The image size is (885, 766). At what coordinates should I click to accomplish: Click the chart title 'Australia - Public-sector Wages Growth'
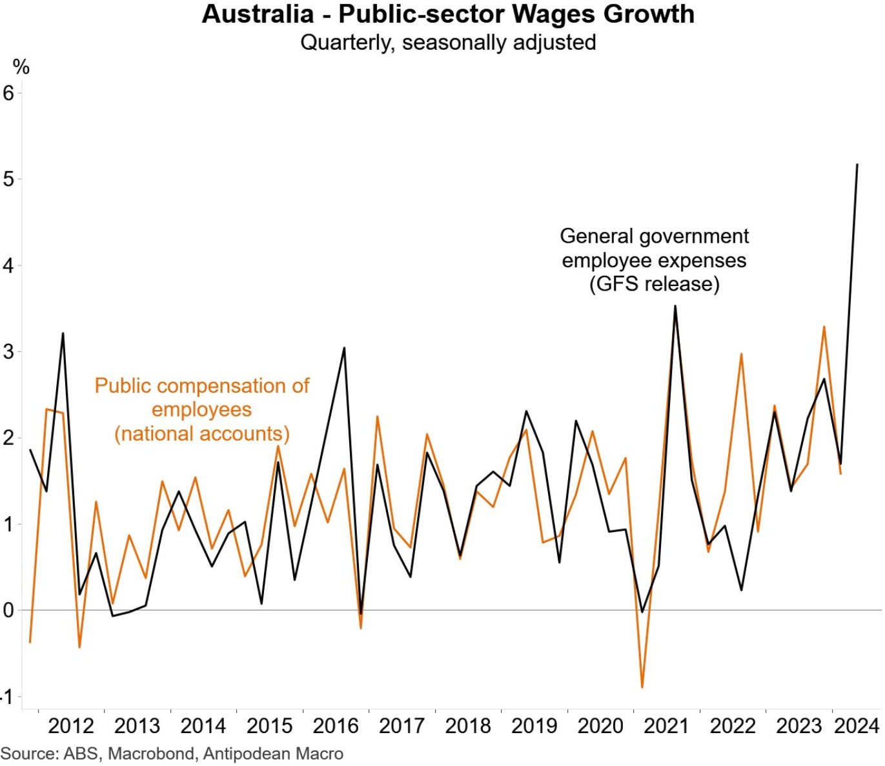click(x=448, y=14)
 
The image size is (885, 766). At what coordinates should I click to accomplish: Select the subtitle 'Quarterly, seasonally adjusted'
click(x=448, y=43)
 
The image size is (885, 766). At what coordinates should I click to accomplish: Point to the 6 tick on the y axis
click(x=8, y=93)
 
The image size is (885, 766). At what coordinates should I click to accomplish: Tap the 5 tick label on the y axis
click(x=8, y=179)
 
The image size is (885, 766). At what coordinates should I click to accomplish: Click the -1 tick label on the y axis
click(x=7, y=697)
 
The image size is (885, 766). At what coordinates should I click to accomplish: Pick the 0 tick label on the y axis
click(x=8, y=610)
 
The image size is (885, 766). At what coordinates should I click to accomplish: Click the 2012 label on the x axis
click(x=71, y=726)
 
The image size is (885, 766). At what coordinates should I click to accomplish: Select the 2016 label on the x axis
click(x=336, y=726)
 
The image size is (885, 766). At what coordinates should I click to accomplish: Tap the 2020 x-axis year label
click(x=600, y=726)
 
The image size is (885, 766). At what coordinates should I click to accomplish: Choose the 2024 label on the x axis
click(x=857, y=726)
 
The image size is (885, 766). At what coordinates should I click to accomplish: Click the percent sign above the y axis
click(x=21, y=67)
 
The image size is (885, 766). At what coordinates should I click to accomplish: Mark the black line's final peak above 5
click(x=857, y=165)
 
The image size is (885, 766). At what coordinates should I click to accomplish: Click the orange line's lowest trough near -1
click(x=642, y=687)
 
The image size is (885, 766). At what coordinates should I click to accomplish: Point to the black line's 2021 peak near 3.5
click(x=675, y=306)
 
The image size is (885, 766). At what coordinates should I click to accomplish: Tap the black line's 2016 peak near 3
click(x=344, y=348)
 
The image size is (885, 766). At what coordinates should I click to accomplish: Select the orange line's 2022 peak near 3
click(x=741, y=354)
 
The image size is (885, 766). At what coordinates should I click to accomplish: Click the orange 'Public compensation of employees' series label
click(x=202, y=409)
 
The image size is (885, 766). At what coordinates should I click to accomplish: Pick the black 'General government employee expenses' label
click(x=654, y=260)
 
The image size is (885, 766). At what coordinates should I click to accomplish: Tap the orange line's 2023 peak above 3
click(x=824, y=327)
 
